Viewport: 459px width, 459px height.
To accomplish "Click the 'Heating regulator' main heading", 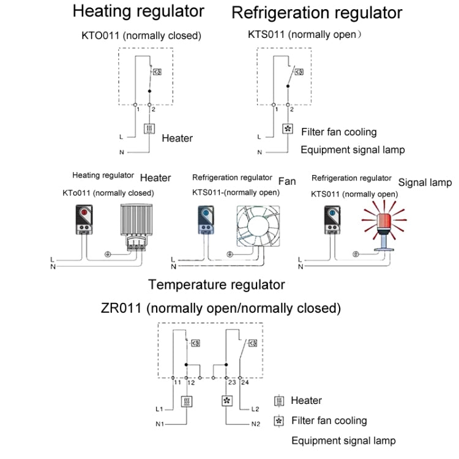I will pos(138,12).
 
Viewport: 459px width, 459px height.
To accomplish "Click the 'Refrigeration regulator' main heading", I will pos(316,13).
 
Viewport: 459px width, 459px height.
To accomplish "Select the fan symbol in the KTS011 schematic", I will pos(287,129).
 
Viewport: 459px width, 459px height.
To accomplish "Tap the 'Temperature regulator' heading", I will pos(216,285).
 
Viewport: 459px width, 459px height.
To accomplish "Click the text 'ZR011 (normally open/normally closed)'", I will pos(221,307).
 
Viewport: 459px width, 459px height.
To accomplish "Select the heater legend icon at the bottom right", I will pos(280,401).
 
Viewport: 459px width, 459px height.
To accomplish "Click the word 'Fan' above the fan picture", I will pos(286,182).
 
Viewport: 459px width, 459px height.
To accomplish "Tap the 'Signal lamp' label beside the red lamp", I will pos(425,182).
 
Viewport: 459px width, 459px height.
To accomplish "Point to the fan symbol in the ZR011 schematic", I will pos(226,401).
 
